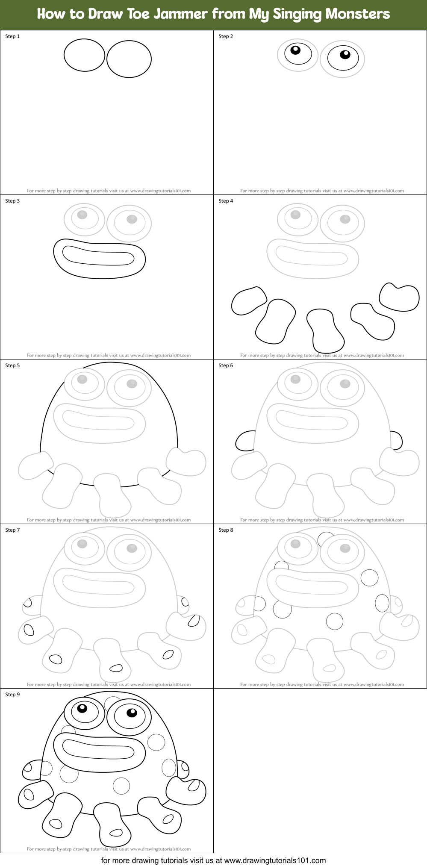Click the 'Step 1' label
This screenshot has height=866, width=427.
pos(12,36)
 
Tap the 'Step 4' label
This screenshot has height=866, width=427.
pos(226,201)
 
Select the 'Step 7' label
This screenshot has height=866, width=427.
pos(12,530)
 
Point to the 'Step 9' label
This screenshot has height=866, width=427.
pos(12,695)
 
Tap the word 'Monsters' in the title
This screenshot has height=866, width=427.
pos(357,14)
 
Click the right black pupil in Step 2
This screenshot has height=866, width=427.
pos(345,54)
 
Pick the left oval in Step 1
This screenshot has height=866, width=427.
pos(84,55)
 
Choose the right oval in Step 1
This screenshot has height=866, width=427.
pos(129,59)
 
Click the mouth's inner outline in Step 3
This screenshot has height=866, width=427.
pos(98,257)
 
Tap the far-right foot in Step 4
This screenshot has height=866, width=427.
pos(400,297)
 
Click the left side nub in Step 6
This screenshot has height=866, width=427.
pos(245,441)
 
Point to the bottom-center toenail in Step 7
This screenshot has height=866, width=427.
pos(116,668)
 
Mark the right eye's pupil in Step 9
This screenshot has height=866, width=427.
pos(131,713)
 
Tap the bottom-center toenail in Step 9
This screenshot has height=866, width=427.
pos(116,832)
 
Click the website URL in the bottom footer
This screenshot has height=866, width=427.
pos(275,860)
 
